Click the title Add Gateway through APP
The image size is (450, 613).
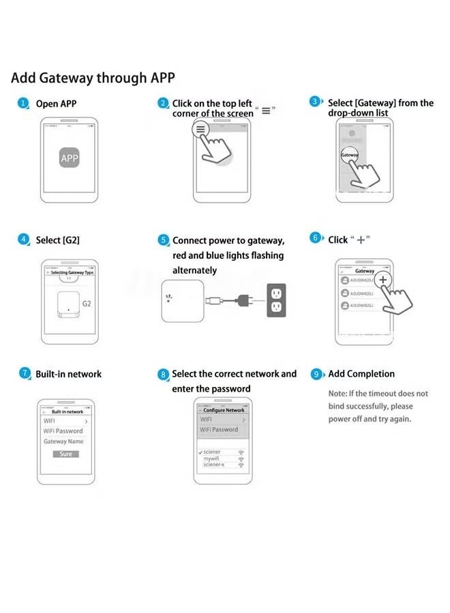click(93, 77)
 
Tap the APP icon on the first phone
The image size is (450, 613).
click(70, 158)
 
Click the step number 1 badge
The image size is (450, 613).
click(23, 104)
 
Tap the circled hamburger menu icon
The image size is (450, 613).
click(200, 129)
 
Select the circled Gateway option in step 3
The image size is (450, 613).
click(350, 155)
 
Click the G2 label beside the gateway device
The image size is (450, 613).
click(87, 303)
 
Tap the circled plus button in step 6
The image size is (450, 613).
click(383, 280)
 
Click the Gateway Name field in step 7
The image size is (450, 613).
click(63, 441)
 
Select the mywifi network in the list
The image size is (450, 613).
click(212, 458)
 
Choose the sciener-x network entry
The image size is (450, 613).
click(214, 465)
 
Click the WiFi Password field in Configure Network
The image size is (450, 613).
click(219, 430)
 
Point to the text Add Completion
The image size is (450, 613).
click(361, 374)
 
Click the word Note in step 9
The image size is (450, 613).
click(337, 394)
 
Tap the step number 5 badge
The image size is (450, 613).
click(163, 240)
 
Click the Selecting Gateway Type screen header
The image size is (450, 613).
click(72, 272)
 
